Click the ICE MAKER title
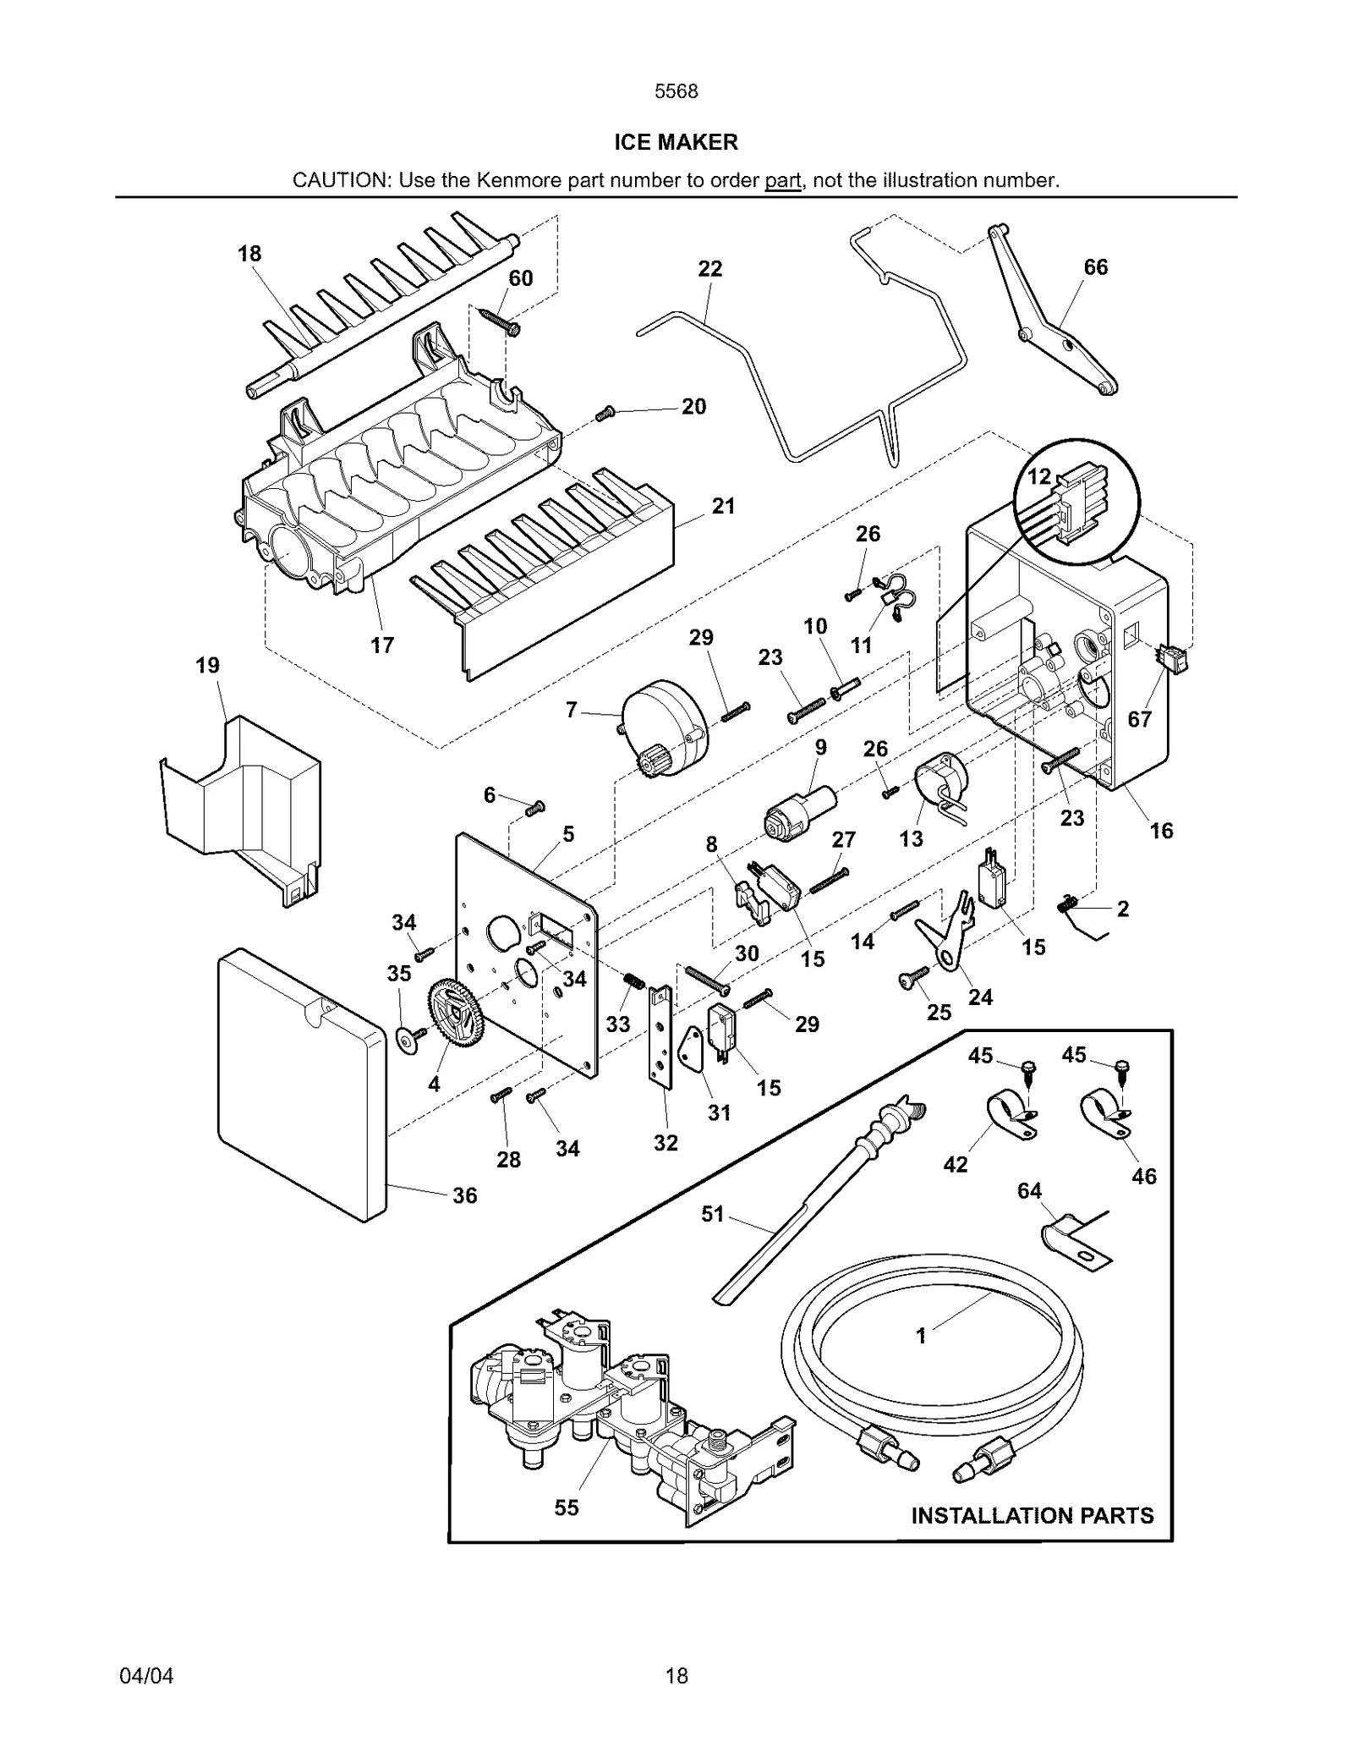point(676,142)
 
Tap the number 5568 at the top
point(676,91)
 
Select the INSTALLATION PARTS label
point(1032,1515)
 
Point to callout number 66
point(1095,267)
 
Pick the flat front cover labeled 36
point(300,1087)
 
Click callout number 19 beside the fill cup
point(207,666)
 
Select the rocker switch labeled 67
point(1172,657)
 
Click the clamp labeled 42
point(1011,1117)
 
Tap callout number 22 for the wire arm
point(709,269)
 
